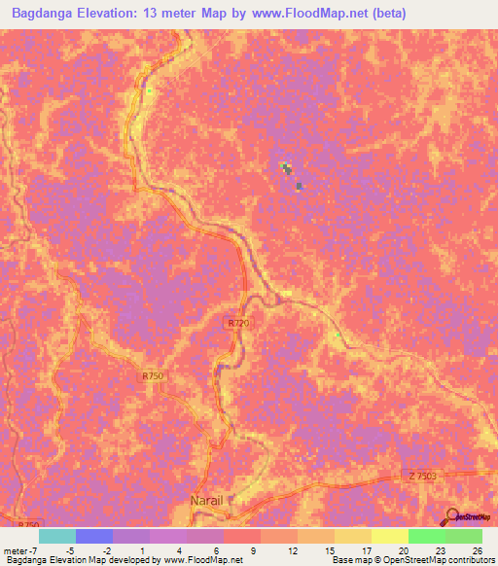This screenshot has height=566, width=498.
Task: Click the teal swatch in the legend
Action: tap(57, 536)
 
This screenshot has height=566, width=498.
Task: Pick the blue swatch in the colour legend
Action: tap(94, 536)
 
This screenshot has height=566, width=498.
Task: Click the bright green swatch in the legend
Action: tap(426, 536)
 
